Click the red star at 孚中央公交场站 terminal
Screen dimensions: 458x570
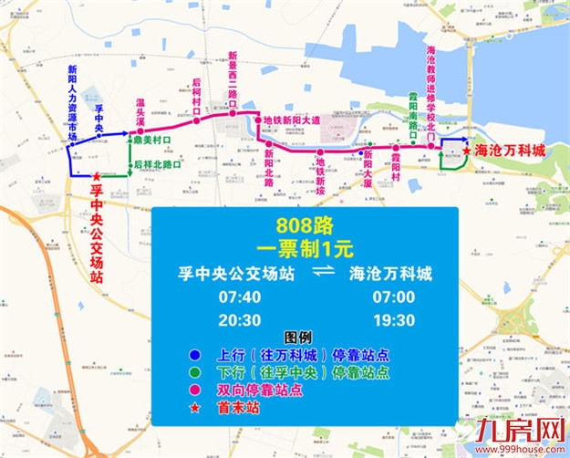coord(97,176)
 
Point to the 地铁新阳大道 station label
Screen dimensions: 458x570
coord(291,120)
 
